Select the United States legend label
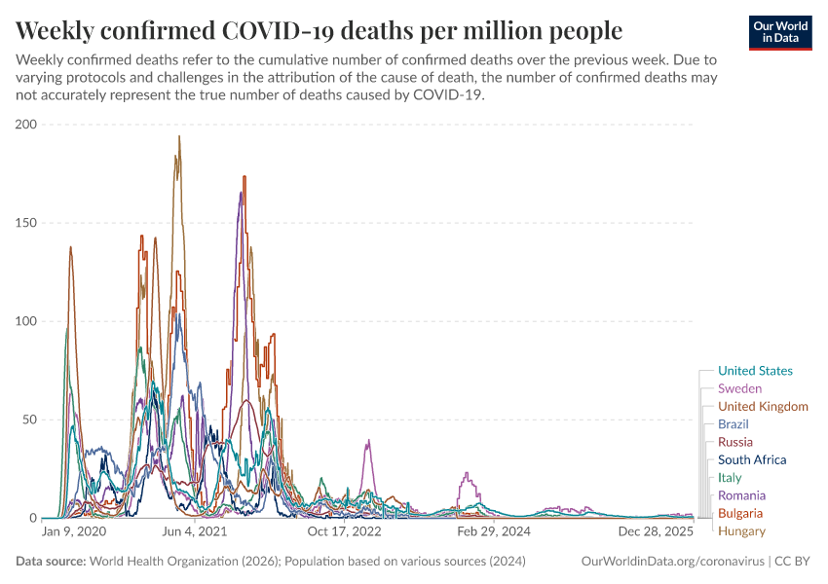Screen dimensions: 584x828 755,371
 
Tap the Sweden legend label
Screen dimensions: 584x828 739,388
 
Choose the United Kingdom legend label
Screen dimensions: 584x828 763,406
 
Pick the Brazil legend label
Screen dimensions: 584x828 734,424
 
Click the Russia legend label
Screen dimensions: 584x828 735,442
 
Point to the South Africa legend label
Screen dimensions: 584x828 752,459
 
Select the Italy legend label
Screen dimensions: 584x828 730,478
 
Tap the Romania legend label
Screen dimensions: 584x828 741,495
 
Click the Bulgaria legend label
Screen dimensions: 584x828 740,513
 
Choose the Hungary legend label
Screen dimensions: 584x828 741,530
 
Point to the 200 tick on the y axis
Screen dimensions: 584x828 25,125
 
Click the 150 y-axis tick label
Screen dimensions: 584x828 25,223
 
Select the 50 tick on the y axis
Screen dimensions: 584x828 29,420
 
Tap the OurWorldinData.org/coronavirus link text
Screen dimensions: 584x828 673,562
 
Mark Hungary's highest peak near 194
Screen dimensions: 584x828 179,136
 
